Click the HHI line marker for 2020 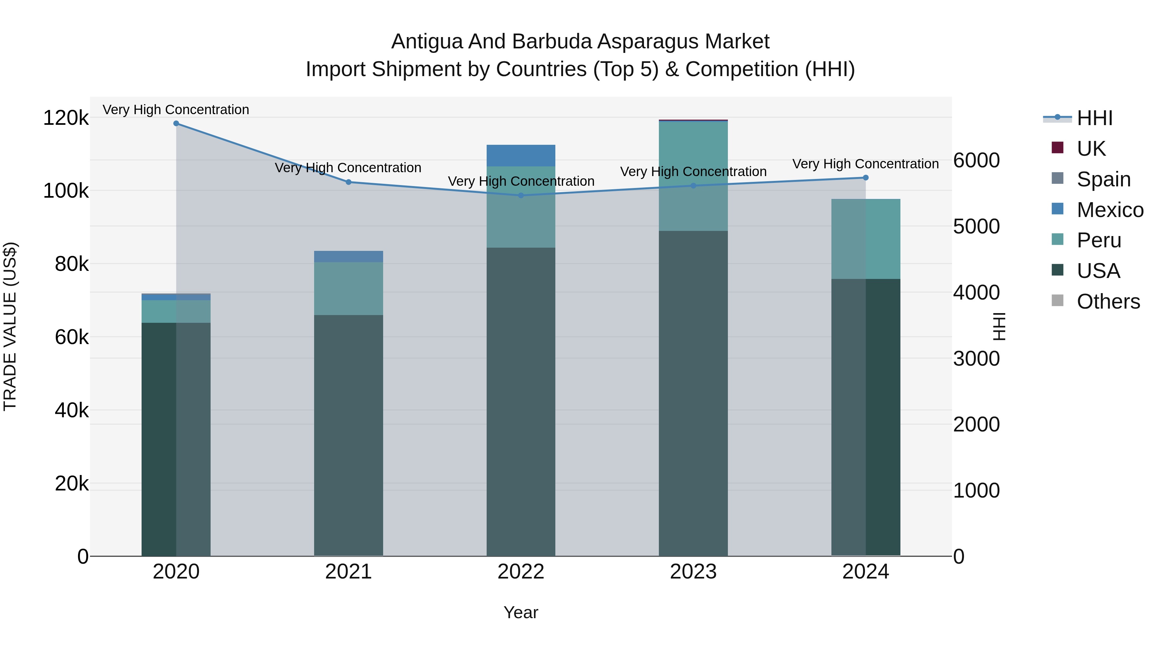(x=176, y=124)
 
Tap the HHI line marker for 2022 (x=521, y=196)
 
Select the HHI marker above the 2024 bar (x=866, y=178)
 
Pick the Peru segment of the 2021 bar (x=348, y=288)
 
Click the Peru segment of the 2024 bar (x=866, y=239)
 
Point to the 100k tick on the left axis (x=66, y=191)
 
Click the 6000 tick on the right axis (x=976, y=161)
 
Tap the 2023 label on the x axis (x=693, y=572)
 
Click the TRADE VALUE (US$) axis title (x=10, y=326)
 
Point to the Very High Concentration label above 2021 (x=348, y=168)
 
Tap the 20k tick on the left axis (x=71, y=484)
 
